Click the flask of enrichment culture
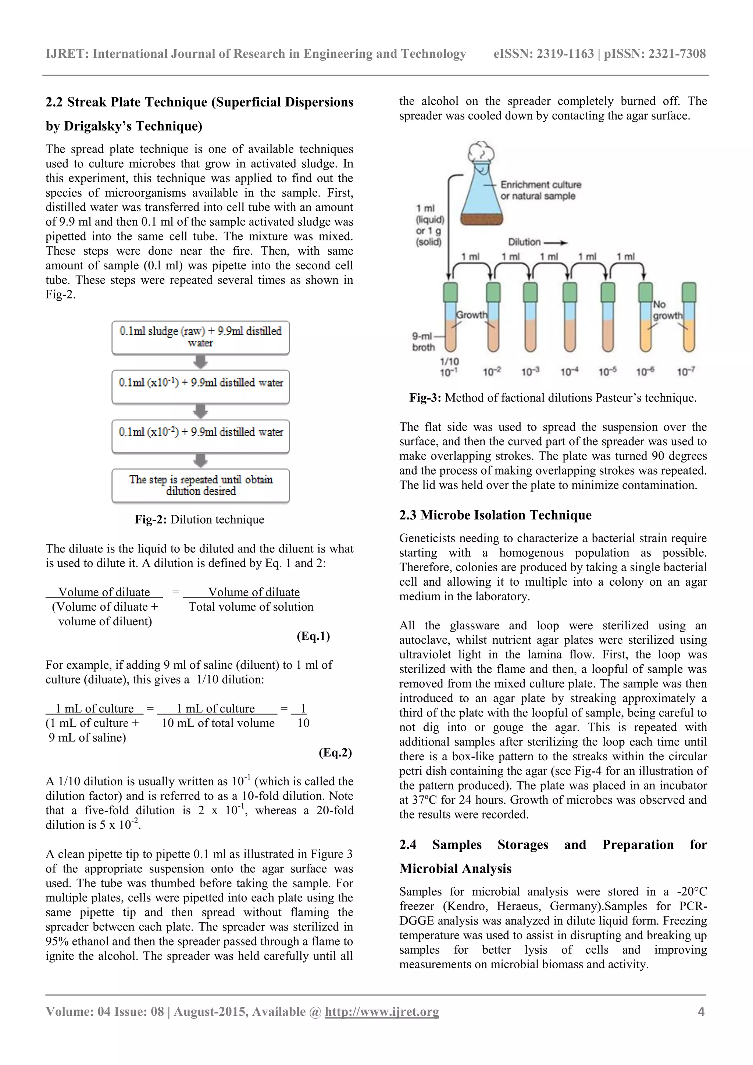[482, 195]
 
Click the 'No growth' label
[667, 310]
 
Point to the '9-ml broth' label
[423, 342]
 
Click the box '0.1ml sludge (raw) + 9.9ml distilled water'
[200, 337]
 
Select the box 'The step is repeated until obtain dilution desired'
[200, 485]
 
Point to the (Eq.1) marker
[313, 636]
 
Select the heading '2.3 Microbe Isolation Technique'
[495, 515]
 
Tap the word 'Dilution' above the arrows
[524, 242]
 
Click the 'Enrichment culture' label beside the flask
[540, 185]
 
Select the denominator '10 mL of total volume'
[218, 723]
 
